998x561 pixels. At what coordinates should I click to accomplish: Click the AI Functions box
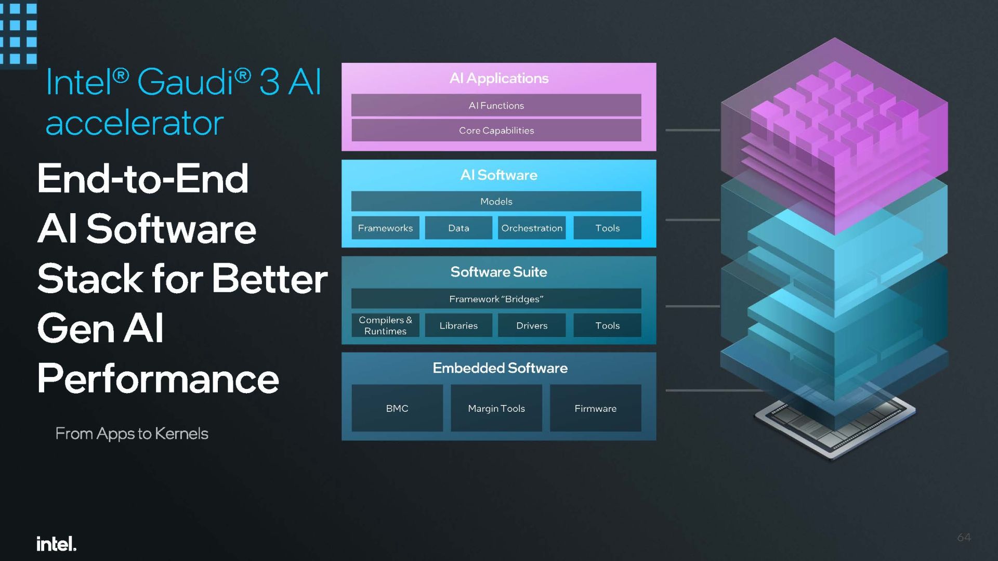496,105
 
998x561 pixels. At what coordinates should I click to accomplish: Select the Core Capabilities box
496,130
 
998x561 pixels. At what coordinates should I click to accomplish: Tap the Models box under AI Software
496,201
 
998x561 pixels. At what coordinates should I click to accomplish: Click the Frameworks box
385,228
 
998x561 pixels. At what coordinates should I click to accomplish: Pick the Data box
458,228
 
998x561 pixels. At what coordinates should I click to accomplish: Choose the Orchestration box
532,228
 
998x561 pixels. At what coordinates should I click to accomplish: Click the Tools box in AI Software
607,228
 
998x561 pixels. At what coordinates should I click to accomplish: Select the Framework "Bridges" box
496,298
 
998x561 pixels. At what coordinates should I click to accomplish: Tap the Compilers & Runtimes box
385,325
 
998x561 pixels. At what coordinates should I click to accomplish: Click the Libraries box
458,325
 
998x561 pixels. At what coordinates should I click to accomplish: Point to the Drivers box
532,325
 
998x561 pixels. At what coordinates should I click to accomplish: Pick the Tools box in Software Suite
607,325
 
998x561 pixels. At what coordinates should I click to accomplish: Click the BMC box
397,408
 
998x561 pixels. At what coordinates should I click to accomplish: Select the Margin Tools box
496,408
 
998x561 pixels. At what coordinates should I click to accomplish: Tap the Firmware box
596,408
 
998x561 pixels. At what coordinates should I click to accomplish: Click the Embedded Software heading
500,368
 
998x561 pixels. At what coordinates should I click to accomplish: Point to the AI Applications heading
499,78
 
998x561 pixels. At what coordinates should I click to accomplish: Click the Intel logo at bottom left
57,543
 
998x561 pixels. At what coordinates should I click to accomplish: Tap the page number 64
964,537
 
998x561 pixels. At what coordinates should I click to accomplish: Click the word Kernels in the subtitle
181,433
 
